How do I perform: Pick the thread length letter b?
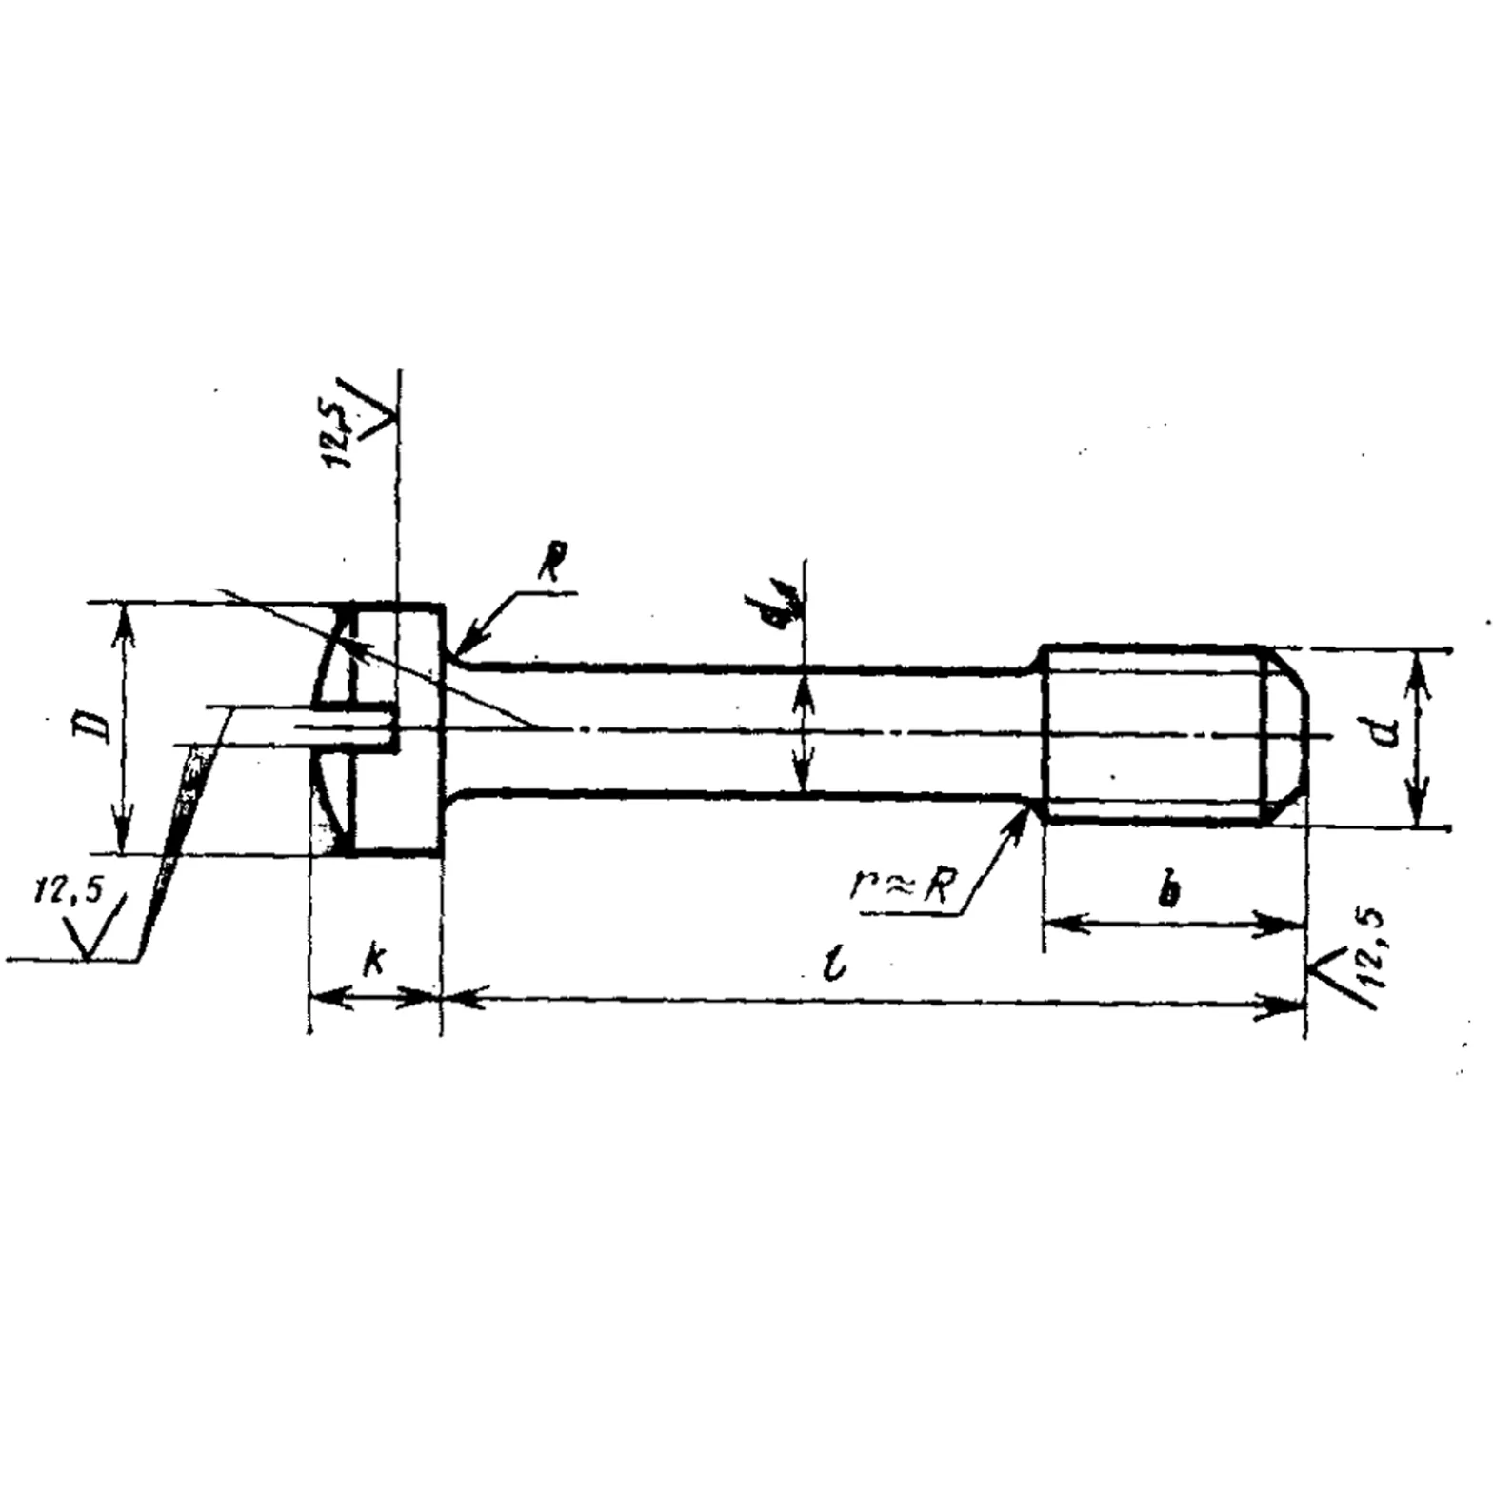click(x=1170, y=890)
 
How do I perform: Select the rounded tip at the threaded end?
click(x=1287, y=738)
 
